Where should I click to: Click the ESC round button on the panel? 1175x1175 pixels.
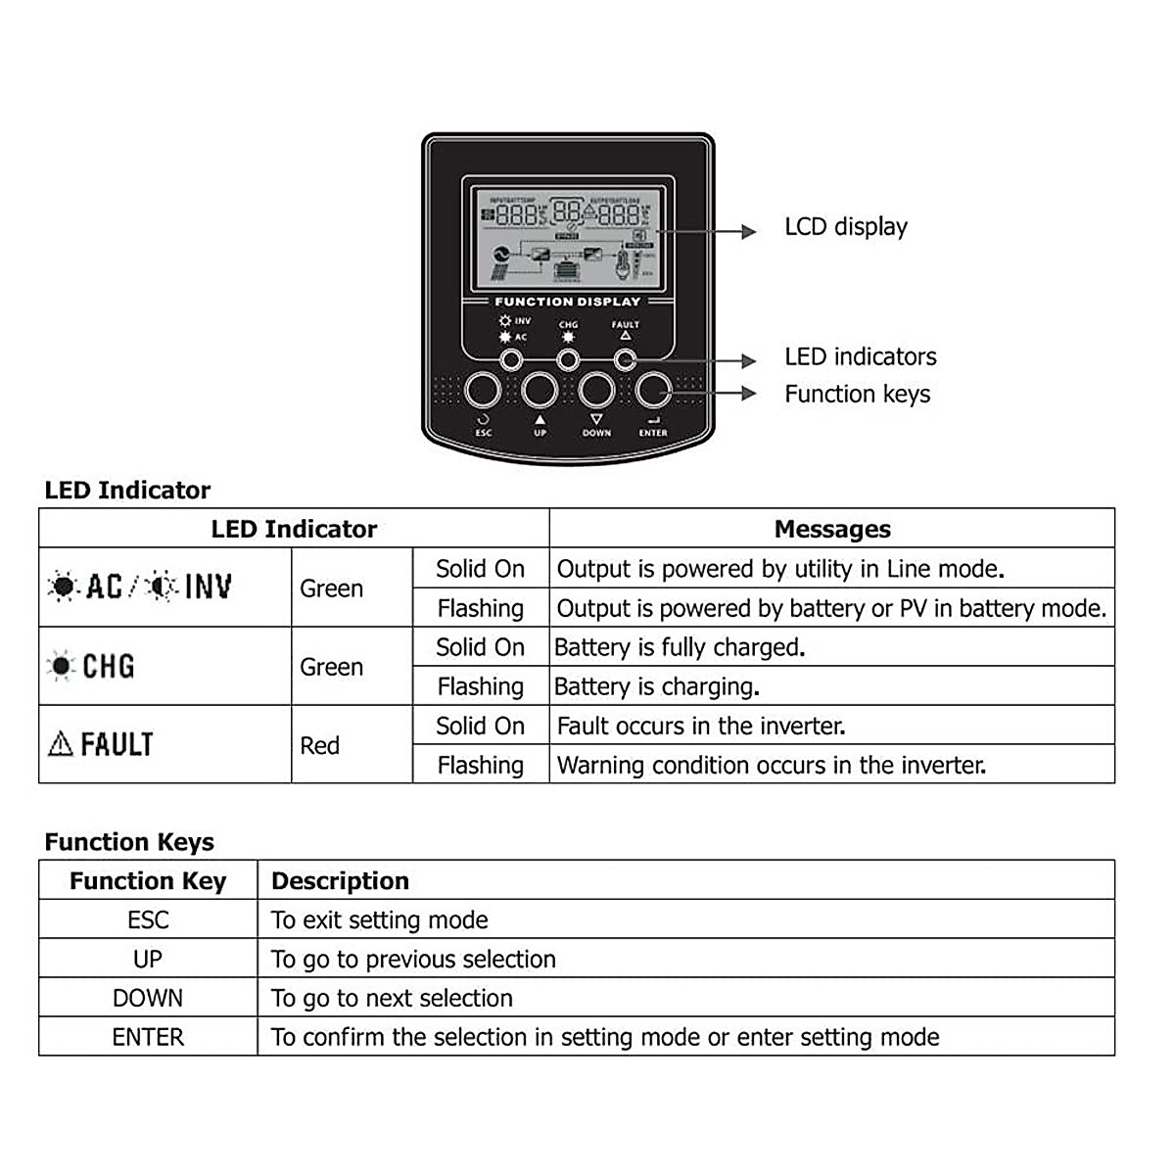pyautogui.click(x=483, y=391)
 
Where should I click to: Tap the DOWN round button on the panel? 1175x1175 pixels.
pyautogui.click(x=596, y=391)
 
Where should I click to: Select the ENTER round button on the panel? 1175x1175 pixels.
pyautogui.click(x=653, y=391)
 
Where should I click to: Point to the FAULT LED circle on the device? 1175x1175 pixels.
pyautogui.click(x=625, y=360)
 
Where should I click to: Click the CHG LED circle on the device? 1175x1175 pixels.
pyautogui.click(x=568, y=360)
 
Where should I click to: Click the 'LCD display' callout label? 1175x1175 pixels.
pyautogui.click(x=846, y=227)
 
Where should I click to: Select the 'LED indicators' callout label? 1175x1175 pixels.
pyautogui.click(x=860, y=357)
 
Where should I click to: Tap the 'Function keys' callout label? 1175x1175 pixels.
pyautogui.click(x=857, y=395)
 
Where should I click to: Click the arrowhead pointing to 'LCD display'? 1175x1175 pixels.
pyautogui.click(x=749, y=232)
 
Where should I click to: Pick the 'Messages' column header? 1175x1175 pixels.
pyautogui.click(x=832, y=530)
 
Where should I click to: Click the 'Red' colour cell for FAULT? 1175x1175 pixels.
pyautogui.click(x=320, y=746)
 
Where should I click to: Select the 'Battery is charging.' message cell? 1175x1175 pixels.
pyautogui.click(x=657, y=687)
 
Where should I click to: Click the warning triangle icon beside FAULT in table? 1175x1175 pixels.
pyautogui.click(x=61, y=745)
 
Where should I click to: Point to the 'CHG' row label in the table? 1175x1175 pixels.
pyautogui.click(x=108, y=667)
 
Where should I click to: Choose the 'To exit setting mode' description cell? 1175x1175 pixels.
pyautogui.click(x=380, y=920)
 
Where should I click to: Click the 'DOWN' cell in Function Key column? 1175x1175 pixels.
pyautogui.click(x=148, y=999)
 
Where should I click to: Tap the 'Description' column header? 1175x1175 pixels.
pyautogui.click(x=340, y=881)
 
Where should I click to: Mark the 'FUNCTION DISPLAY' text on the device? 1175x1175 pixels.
pyautogui.click(x=567, y=302)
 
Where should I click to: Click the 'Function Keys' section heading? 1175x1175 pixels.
pyautogui.click(x=129, y=842)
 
